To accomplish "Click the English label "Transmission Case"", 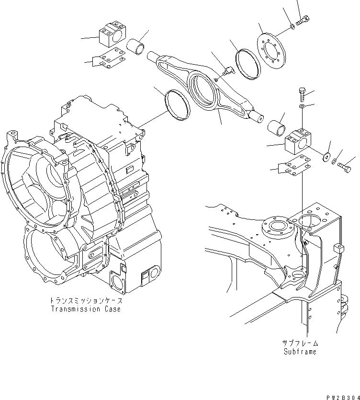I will [x=85, y=309].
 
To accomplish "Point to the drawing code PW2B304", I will [x=342, y=395].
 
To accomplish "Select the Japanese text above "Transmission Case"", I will [x=85, y=301].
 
